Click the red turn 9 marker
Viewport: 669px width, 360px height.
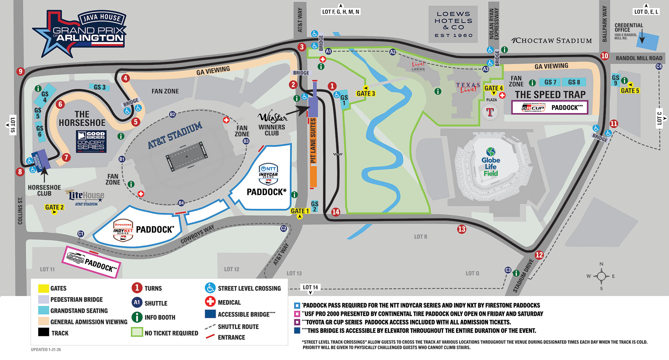[21, 71]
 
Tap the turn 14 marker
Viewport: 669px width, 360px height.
[336, 212]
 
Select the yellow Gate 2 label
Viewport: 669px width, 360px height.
[54, 207]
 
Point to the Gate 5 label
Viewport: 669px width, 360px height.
[630, 91]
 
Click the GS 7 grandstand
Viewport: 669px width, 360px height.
[550, 82]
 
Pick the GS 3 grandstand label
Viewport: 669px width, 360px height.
[100, 87]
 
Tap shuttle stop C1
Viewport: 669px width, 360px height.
[81, 234]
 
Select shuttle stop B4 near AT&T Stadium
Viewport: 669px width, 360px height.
[181, 203]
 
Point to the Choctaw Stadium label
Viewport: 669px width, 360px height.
[552, 41]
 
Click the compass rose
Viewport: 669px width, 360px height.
[601, 276]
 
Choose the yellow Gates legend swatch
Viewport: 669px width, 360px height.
[43, 288]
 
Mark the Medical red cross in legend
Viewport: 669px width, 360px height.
[210, 302]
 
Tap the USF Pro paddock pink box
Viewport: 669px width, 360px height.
[91, 262]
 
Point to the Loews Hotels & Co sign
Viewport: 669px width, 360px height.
[454, 24]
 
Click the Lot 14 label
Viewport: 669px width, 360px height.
[310, 287]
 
